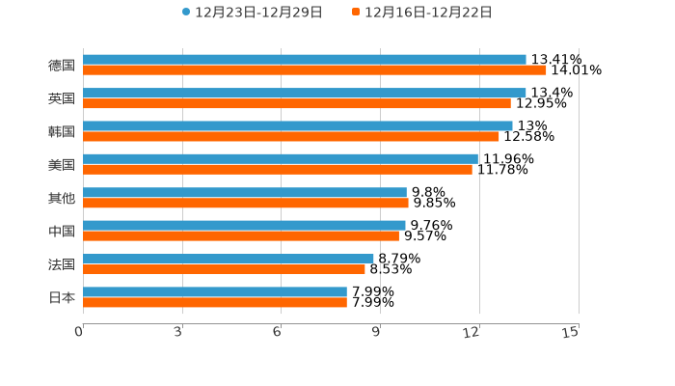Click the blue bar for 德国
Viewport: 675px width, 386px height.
pos(304,60)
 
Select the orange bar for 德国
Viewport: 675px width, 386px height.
pos(314,70)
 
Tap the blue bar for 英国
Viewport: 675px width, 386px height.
pos(304,93)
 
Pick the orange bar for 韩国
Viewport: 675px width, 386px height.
pos(291,136)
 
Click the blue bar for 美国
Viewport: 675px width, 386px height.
pos(280,159)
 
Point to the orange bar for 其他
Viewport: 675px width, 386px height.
pos(246,203)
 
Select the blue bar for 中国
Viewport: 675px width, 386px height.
pos(244,226)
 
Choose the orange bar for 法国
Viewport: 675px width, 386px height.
pos(224,269)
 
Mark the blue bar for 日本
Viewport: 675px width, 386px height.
pos(215,291)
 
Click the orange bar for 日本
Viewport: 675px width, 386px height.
pos(215,302)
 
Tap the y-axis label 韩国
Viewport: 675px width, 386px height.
pos(62,131)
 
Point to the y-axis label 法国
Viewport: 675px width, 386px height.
pos(62,264)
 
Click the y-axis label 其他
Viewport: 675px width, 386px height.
pos(62,198)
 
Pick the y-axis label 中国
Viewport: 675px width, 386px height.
pos(62,232)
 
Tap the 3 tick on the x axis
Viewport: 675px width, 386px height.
pos(179,332)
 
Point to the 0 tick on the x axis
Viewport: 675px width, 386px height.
pos(80,332)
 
